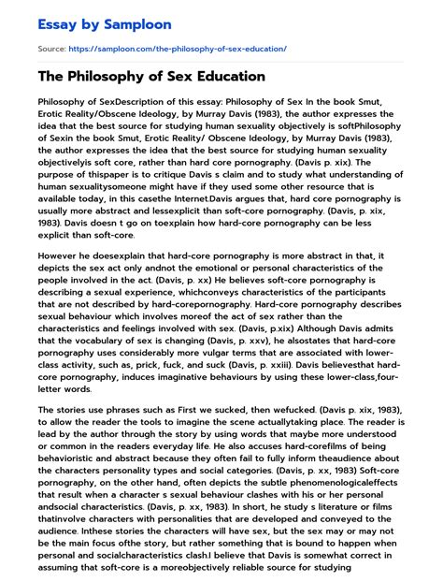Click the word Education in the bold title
pyautogui.click(x=225, y=77)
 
